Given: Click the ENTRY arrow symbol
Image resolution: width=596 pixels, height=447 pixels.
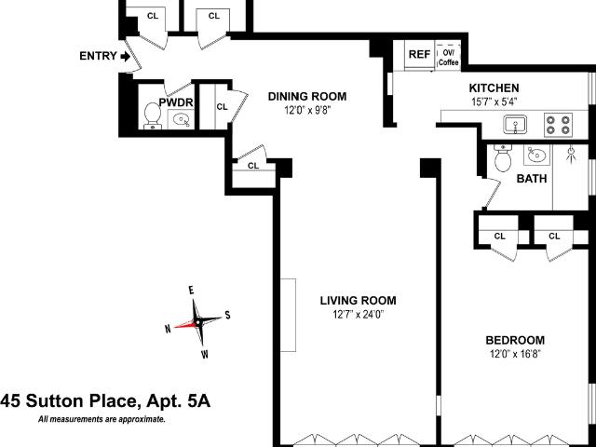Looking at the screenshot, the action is [x=125, y=57].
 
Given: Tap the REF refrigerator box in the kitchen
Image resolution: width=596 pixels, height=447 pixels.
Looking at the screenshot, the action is [x=420, y=55].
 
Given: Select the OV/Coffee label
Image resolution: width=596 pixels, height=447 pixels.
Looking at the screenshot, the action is [x=449, y=58].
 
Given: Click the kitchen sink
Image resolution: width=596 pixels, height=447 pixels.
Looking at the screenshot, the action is [x=515, y=125].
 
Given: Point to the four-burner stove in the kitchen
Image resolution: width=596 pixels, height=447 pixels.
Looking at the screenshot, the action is [x=558, y=125].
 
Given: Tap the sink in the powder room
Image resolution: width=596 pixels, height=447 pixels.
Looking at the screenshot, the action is [x=181, y=120].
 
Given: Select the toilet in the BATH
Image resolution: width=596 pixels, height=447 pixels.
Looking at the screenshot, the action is [x=503, y=157].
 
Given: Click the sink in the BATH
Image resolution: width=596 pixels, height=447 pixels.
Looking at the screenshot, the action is [x=536, y=155].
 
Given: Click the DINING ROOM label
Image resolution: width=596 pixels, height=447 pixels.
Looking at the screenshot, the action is [x=307, y=97].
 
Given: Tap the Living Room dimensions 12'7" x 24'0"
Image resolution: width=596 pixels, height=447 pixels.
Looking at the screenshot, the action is [x=359, y=315].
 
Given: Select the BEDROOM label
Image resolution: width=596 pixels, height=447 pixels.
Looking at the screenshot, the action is [x=515, y=340].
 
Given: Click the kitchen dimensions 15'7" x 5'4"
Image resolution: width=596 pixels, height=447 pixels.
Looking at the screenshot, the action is [x=494, y=102].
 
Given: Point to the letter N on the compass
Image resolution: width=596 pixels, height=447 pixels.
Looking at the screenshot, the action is [x=168, y=329].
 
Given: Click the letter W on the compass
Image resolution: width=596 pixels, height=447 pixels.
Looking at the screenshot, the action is [x=205, y=354].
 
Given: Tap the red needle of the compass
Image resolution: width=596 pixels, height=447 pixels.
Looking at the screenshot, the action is [x=186, y=324].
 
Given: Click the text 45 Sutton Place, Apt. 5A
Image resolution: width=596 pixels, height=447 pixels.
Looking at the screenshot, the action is [x=105, y=401].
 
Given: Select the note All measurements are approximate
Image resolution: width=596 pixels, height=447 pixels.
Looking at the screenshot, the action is [x=102, y=420].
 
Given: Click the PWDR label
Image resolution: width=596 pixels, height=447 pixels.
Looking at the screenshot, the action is [x=176, y=102].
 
